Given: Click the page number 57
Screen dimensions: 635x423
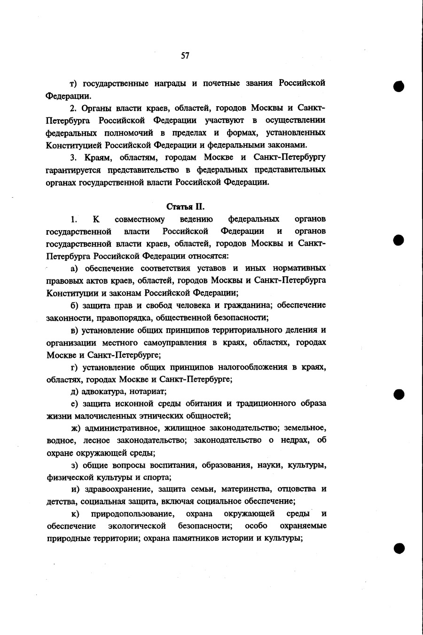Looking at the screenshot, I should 185,56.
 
